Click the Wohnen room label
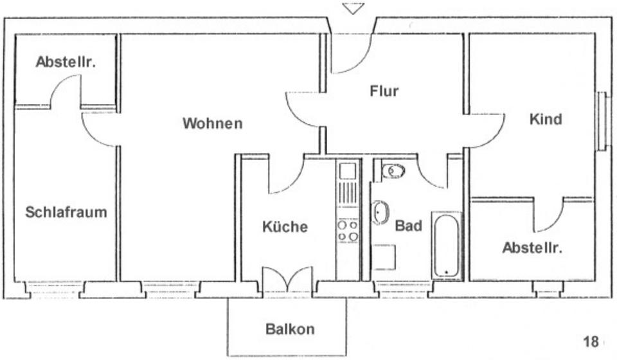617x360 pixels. tap(213, 123)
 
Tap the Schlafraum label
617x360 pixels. tap(66, 212)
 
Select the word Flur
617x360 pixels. tap(384, 91)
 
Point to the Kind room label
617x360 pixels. tap(546, 120)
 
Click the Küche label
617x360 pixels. tap(285, 227)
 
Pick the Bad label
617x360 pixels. tap(408, 226)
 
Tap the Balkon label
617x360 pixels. tap(291, 329)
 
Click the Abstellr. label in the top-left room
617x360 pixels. tap(66, 62)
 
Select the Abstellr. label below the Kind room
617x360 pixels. tap(532, 248)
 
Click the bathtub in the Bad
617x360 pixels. tap(446, 246)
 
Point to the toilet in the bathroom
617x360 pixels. tap(392, 171)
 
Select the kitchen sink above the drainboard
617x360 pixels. tap(348, 171)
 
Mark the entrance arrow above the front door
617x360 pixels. tap(353, 8)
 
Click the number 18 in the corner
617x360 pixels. tap(591, 341)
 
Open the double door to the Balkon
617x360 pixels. tap(287, 280)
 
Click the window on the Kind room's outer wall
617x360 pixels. tap(602, 122)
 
